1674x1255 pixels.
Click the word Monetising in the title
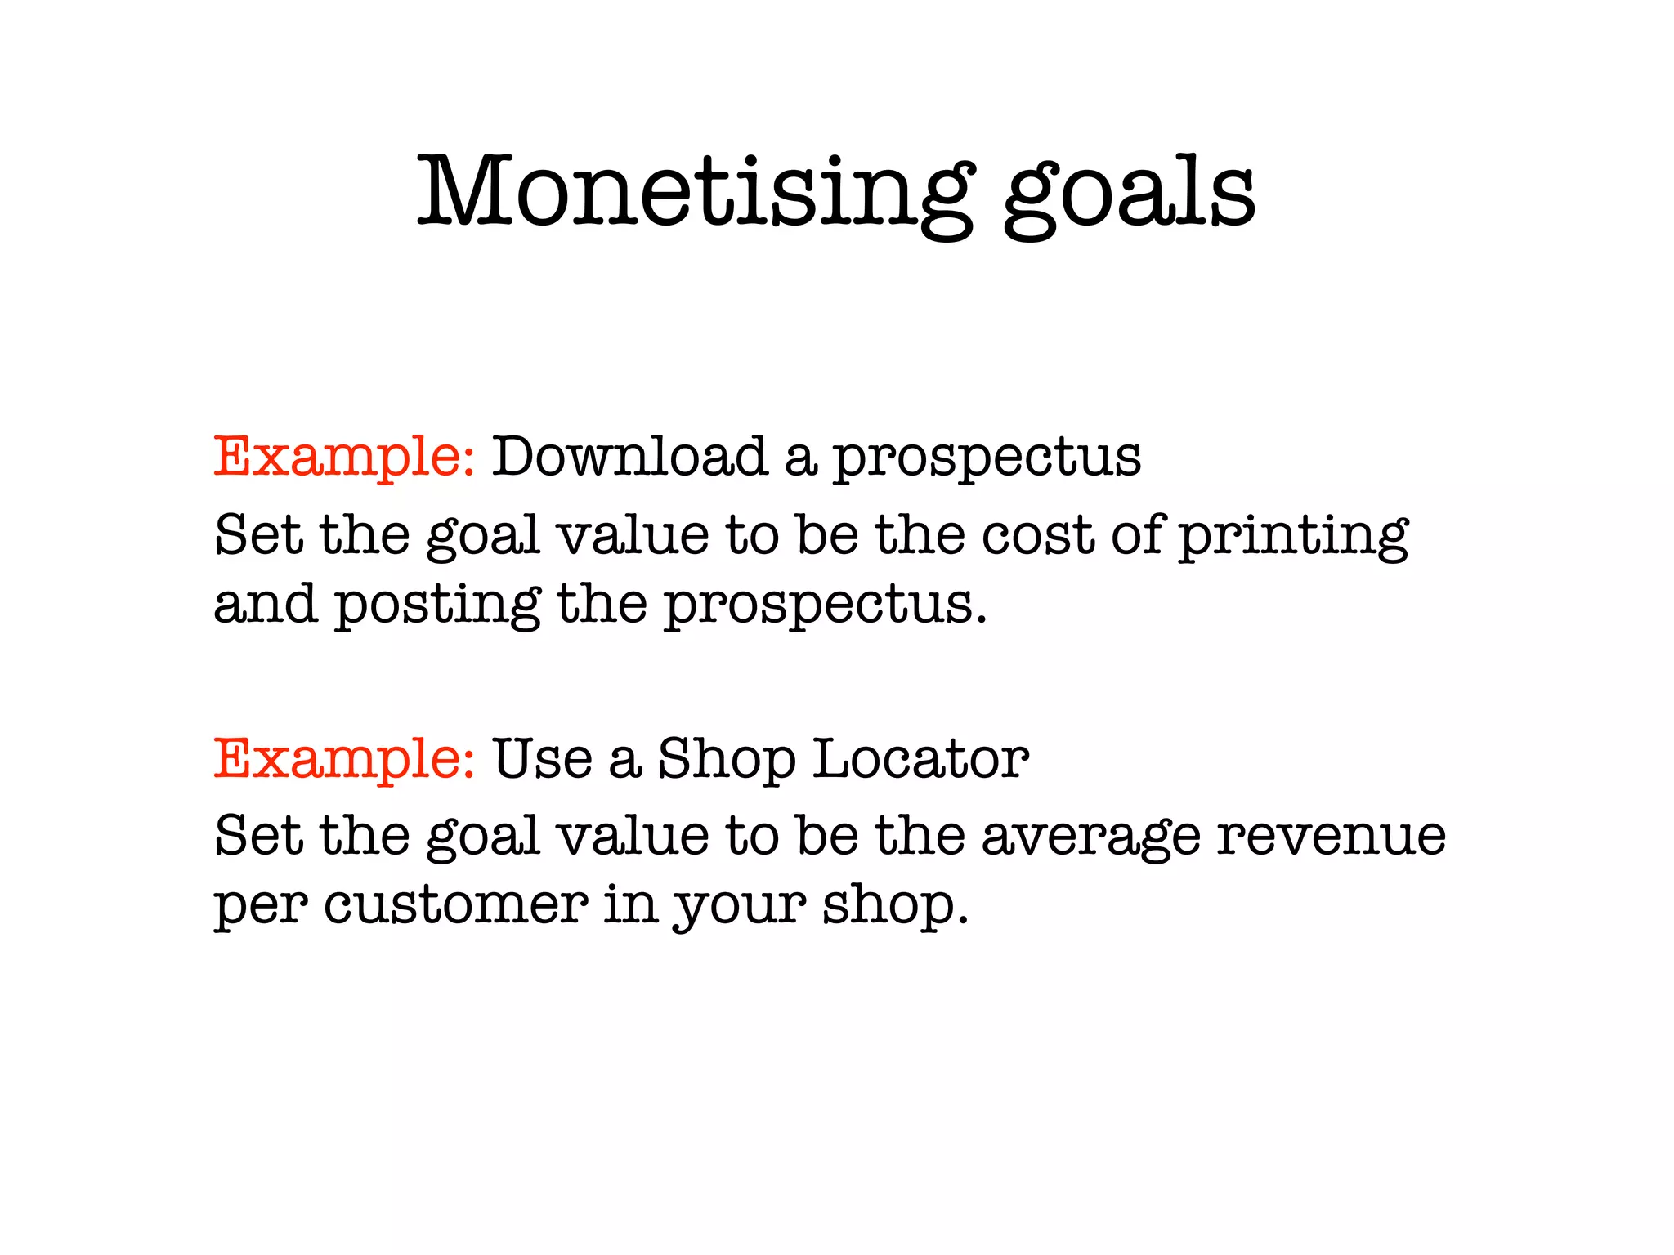[x=695, y=193]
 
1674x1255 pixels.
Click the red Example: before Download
[x=343, y=458]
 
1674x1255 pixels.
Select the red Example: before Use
[x=343, y=760]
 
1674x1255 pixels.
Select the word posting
[x=438, y=606]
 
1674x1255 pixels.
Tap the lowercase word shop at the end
[x=894, y=907]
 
